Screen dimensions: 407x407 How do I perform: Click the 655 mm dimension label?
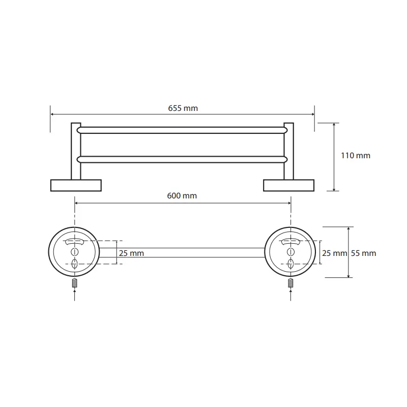click(x=183, y=108)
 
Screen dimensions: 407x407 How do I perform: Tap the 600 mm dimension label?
click(x=182, y=196)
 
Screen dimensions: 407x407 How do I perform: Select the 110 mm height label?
click(x=355, y=156)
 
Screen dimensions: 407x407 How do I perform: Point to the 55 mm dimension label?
click(x=363, y=253)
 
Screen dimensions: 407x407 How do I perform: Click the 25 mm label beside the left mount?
click(x=131, y=253)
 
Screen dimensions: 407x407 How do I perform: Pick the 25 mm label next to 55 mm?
click(x=334, y=253)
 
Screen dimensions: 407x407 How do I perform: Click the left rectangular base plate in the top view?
click(x=76, y=185)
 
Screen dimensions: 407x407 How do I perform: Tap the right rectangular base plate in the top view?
click(x=288, y=185)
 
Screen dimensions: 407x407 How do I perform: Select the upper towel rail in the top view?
click(x=182, y=130)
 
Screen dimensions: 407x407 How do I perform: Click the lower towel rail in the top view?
click(x=182, y=160)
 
